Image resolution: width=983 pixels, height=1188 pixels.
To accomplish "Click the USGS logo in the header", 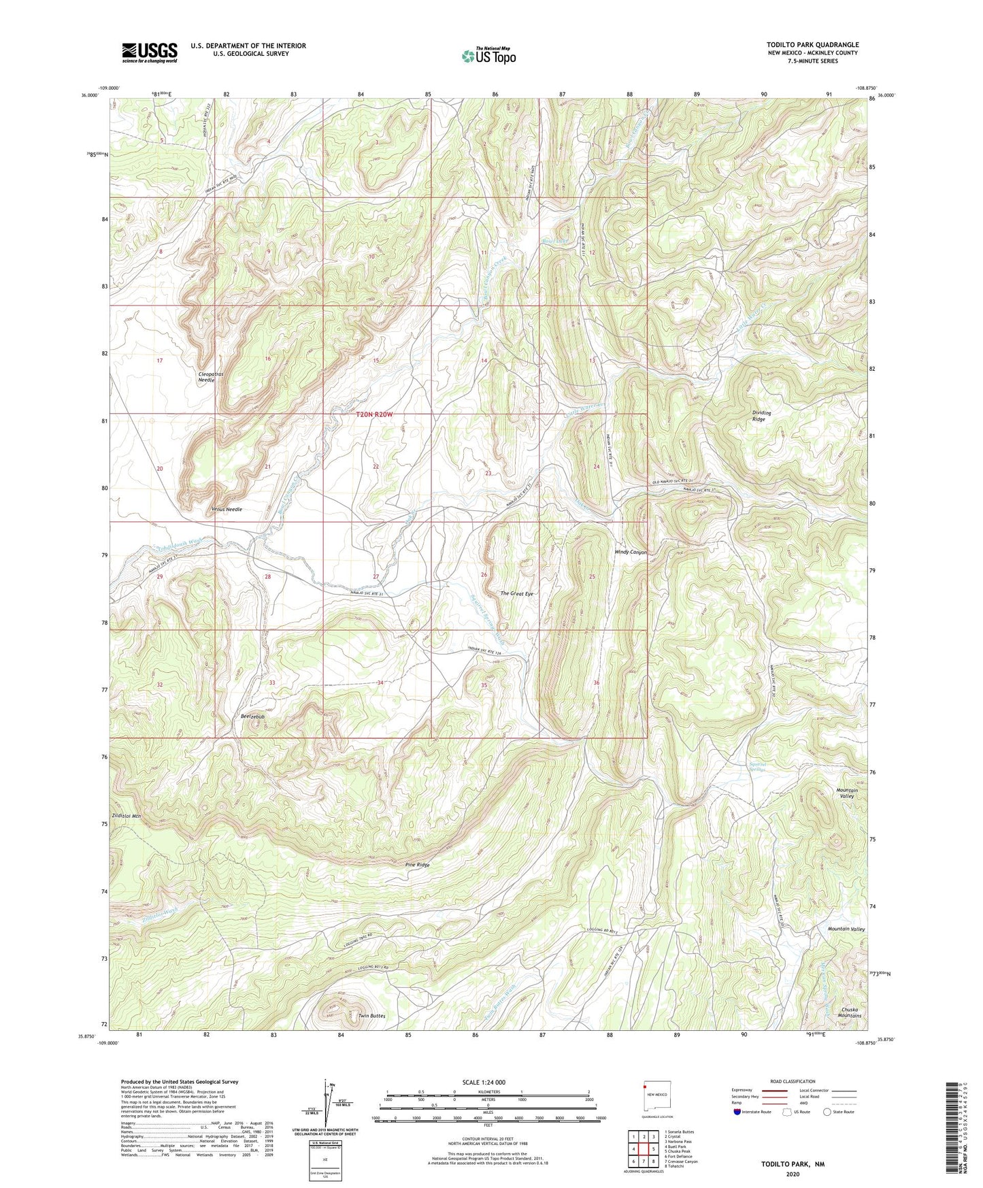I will click(150, 52).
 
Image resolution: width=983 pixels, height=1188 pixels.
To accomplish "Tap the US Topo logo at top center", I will click(488, 56).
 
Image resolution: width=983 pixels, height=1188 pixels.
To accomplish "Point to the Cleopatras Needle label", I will click(207, 377).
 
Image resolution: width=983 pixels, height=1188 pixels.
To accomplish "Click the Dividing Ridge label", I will click(761, 416).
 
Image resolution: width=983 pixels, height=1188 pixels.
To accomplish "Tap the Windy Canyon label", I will click(631, 552).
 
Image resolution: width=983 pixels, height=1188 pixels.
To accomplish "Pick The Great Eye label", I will click(517, 594).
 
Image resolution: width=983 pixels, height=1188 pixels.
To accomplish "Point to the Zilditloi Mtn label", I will click(127, 815).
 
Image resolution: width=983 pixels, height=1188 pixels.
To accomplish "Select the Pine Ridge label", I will click(417, 865).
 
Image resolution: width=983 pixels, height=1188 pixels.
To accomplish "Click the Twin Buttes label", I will click(371, 1016).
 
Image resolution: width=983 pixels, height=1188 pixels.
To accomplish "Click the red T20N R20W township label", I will click(376, 414).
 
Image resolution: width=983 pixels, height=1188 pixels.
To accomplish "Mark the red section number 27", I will click(376, 576).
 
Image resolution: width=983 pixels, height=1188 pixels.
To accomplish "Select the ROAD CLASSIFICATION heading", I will click(793, 1081).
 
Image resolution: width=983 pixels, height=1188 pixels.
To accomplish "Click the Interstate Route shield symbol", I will click(737, 1112).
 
